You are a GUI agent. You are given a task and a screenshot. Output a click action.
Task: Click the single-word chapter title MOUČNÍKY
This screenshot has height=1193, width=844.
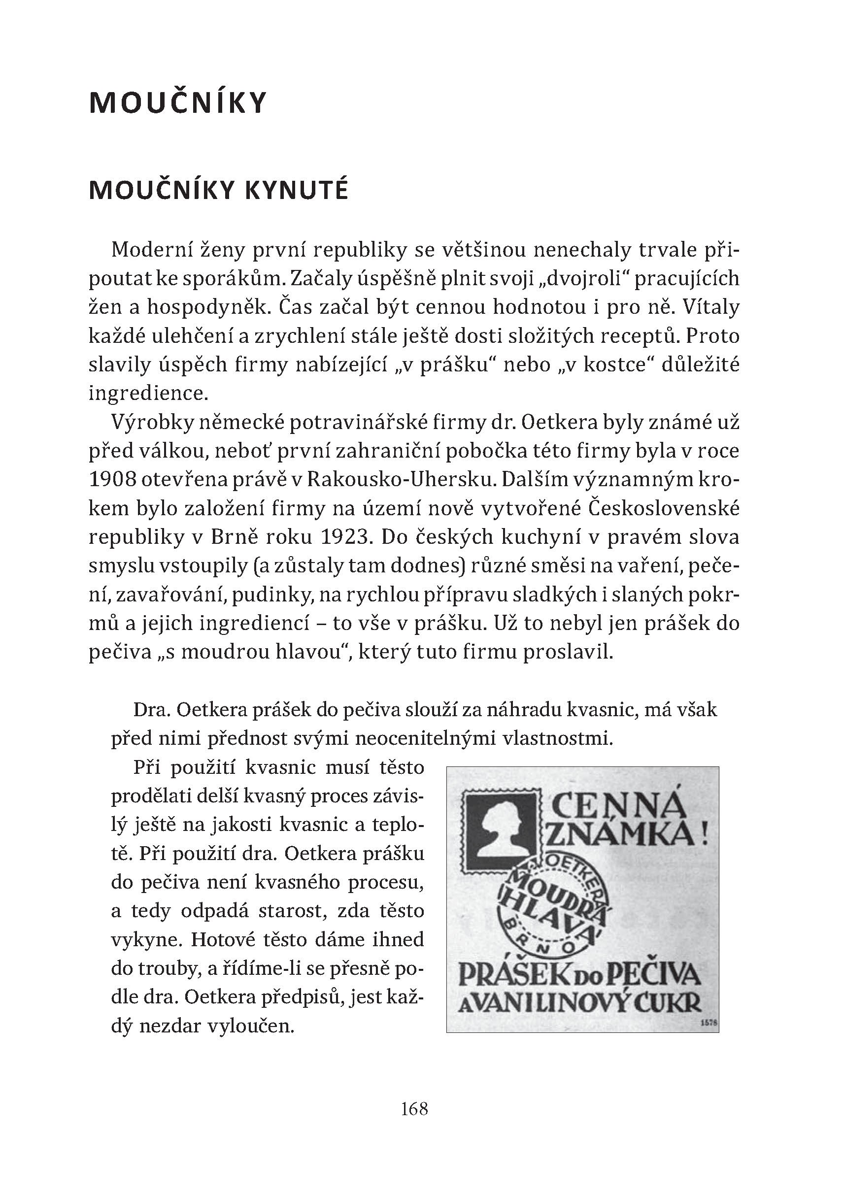pos(178,102)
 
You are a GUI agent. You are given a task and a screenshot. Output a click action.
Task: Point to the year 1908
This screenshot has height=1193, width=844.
pos(112,479)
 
